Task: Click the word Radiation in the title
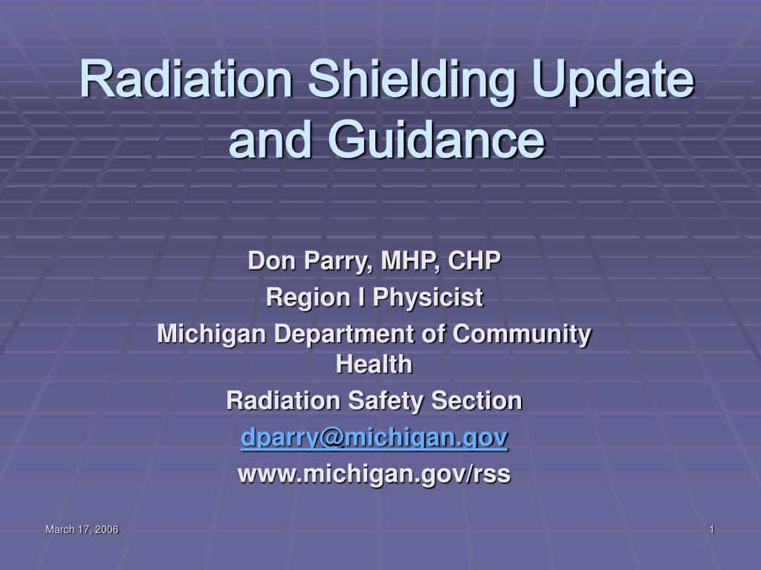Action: point(186,79)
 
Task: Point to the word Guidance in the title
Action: point(436,139)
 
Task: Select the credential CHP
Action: point(474,261)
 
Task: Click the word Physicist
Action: point(428,298)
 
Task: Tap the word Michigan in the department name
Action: point(212,335)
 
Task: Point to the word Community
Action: point(522,335)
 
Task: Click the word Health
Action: point(375,364)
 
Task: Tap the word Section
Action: point(476,401)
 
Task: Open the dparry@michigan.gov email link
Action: point(375,438)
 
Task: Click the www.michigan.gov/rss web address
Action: point(375,474)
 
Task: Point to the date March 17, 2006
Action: point(82,529)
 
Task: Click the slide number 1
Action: point(712,529)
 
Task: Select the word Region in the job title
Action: point(308,298)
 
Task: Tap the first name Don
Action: point(272,261)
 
